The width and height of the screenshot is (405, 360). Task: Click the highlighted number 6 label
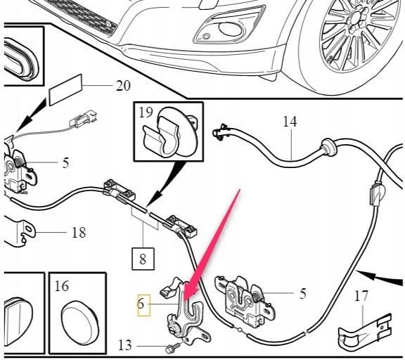click(141, 304)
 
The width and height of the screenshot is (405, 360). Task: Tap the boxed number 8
click(143, 259)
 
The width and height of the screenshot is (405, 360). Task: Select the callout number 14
click(290, 122)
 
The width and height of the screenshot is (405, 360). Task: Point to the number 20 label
click(123, 86)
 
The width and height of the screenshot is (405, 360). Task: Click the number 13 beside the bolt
click(125, 345)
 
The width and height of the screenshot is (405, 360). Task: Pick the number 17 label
click(361, 296)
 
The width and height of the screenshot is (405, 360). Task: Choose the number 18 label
click(79, 233)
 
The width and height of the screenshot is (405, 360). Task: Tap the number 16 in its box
click(62, 286)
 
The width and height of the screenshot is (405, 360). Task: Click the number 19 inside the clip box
click(146, 112)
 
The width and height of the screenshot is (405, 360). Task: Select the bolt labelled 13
click(174, 347)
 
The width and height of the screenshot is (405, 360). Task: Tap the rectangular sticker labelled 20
click(65, 89)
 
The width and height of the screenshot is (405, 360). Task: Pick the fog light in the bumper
click(230, 28)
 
